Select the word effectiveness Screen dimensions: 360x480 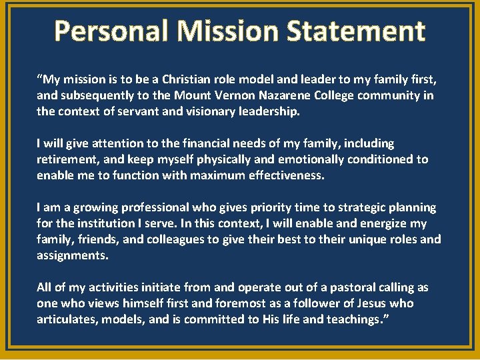coord(281,175)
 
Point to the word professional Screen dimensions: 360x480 coord(147,207)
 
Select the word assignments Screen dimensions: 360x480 coord(71,255)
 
